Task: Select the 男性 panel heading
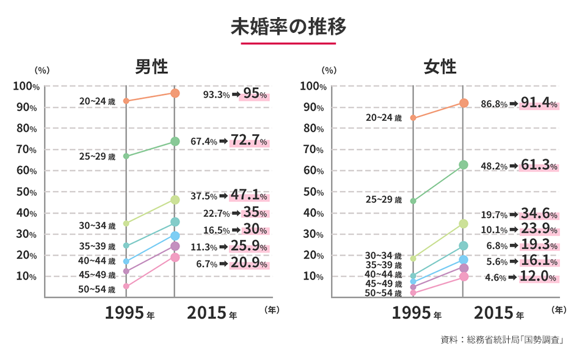pyautogui.click(x=151, y=66)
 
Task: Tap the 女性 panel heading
pyautogui.click(x=440, y=66)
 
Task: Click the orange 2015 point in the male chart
pyautogui.click(x=175, y=93)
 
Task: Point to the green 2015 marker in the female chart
pyautogui.click(x=463, y=165)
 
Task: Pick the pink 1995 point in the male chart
pyautogui.click(x=126, y=286)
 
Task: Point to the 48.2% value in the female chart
pyautogui.click(x=494, y=166)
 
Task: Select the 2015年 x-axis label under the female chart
pyautogui.click(x=498, y=314)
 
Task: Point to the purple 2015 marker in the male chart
pyautogui.click(x=175, y=247)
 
